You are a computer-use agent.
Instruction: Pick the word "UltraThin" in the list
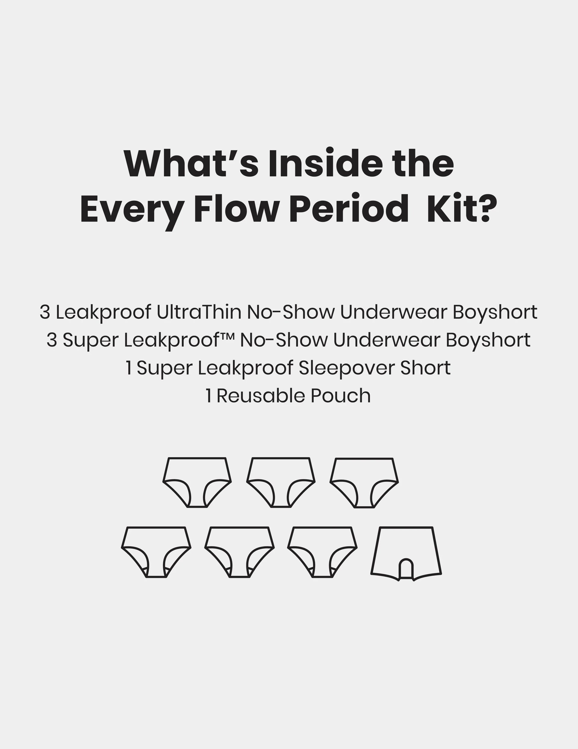pyautogui.click(x=199, y=312)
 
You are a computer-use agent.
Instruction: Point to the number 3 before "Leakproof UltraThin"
pyautogui.click(x=45, y=312)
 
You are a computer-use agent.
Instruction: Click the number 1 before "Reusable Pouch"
pyautogui.click(x=208, y=396)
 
